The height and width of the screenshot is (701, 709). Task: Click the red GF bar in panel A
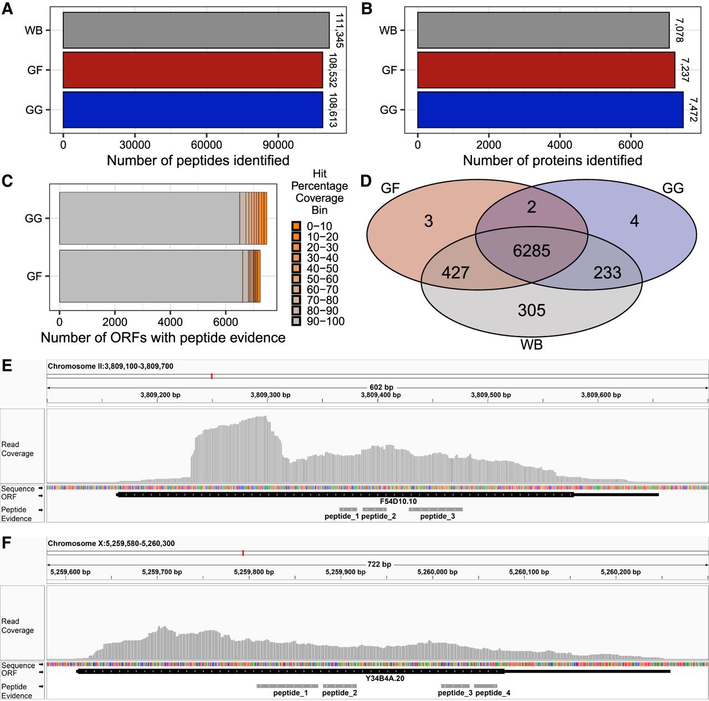[193, 70]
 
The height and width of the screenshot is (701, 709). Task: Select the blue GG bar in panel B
[550, 110]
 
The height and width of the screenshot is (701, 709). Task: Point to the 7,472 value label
[693, 110]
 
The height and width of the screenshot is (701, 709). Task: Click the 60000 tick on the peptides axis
[206, 145]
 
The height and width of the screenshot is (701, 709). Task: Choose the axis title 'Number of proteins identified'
[552, 161]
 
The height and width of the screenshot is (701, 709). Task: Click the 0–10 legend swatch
[296, 226]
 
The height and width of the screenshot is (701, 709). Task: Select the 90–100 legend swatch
[296, 321]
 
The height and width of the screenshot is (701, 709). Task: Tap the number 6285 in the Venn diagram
[531, 251]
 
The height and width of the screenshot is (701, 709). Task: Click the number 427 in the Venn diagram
[455, 272]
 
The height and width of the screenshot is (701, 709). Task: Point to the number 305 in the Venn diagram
[531, 310]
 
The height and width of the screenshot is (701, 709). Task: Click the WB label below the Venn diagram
[531, 345]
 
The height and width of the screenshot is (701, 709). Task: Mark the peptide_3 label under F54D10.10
[438, 517]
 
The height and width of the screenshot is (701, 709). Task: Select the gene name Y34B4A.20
[385, 678]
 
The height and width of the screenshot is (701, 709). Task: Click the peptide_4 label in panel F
[493, 693]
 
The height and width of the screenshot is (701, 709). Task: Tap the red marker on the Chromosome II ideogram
[212, 377]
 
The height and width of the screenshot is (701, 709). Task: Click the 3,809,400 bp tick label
[381, 395]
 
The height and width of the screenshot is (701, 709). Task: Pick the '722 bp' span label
[379, 564]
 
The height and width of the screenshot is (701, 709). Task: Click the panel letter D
[366, 181]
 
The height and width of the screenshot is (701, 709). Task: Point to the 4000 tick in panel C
[170, 322]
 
